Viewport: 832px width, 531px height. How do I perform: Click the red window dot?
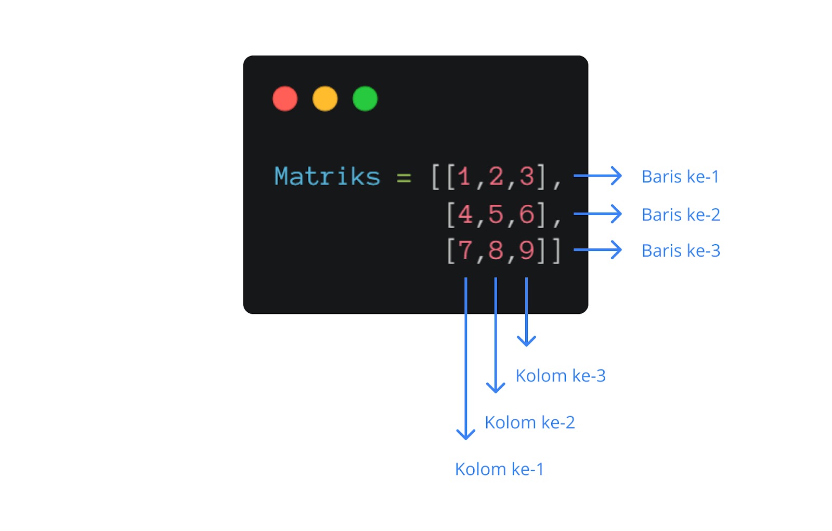(285, 99)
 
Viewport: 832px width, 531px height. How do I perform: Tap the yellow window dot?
(325, 99)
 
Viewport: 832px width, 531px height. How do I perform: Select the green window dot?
(365, 99)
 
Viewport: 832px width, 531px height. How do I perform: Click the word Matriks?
(327, 177)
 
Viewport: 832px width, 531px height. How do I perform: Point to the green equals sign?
(404, 178)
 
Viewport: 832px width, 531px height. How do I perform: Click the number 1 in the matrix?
(464, 177)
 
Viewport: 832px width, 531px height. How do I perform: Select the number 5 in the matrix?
(496, 214)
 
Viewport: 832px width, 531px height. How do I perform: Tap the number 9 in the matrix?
(526, 250)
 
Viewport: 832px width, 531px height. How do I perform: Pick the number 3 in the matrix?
(526, 177)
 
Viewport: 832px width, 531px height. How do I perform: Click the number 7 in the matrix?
(465, 250)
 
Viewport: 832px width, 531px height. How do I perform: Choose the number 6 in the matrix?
(526, 214)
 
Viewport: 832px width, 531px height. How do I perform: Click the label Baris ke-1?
(680, 177)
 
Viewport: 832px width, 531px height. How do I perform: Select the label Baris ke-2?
(681, 215)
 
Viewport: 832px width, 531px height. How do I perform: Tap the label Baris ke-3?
(681, 251)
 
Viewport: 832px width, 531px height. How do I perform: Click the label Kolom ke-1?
(499, 469)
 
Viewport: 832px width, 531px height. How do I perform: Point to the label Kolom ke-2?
(529, 422)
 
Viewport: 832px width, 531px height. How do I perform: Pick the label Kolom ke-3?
(561, 376)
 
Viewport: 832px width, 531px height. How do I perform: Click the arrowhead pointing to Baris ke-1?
(617, 176)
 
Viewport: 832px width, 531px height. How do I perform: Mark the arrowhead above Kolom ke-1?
(466, 434)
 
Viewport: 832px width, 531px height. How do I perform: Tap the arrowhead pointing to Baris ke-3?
(617, 250)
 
